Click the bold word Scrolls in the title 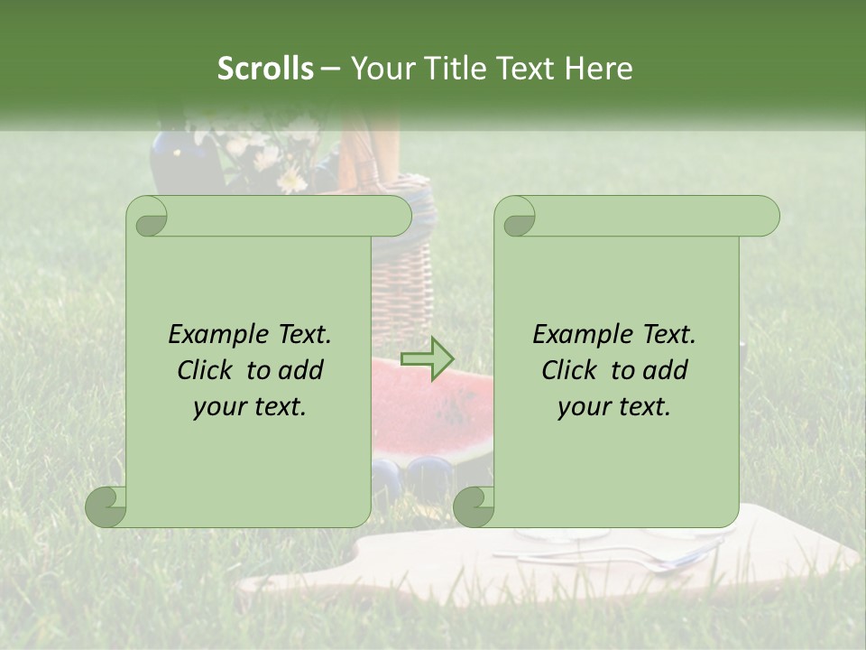[266, 69]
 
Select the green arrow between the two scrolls [428, 359]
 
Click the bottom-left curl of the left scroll [106, 506]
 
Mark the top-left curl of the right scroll [516, 218]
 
